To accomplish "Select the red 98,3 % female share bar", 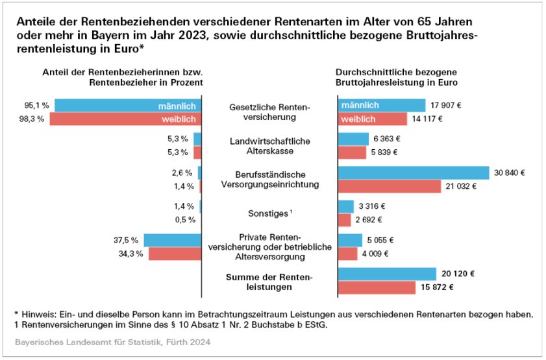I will pos(125,119).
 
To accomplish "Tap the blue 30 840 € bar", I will pos(414,173).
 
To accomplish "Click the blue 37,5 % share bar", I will pos(173,241).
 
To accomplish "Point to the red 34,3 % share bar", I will pos(175,254).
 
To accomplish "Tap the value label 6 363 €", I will pos(386,139).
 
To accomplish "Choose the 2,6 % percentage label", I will pos(181,173).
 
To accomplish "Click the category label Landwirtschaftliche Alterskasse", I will pos(271,146).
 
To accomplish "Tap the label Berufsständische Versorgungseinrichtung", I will pos(271,180).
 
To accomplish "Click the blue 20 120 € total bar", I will pos(387,274).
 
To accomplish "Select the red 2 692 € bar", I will pos(345,220).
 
